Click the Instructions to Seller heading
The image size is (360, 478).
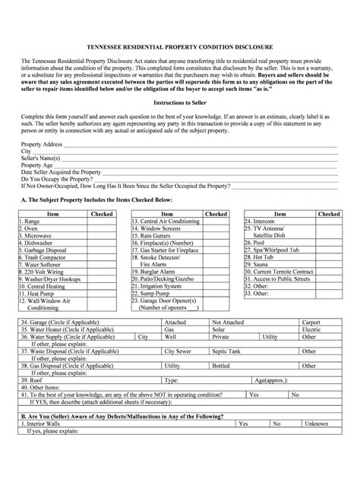tap(180, 122)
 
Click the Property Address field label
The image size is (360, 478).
tap(42, 164)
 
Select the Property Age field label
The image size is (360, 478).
tap(37, 185)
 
